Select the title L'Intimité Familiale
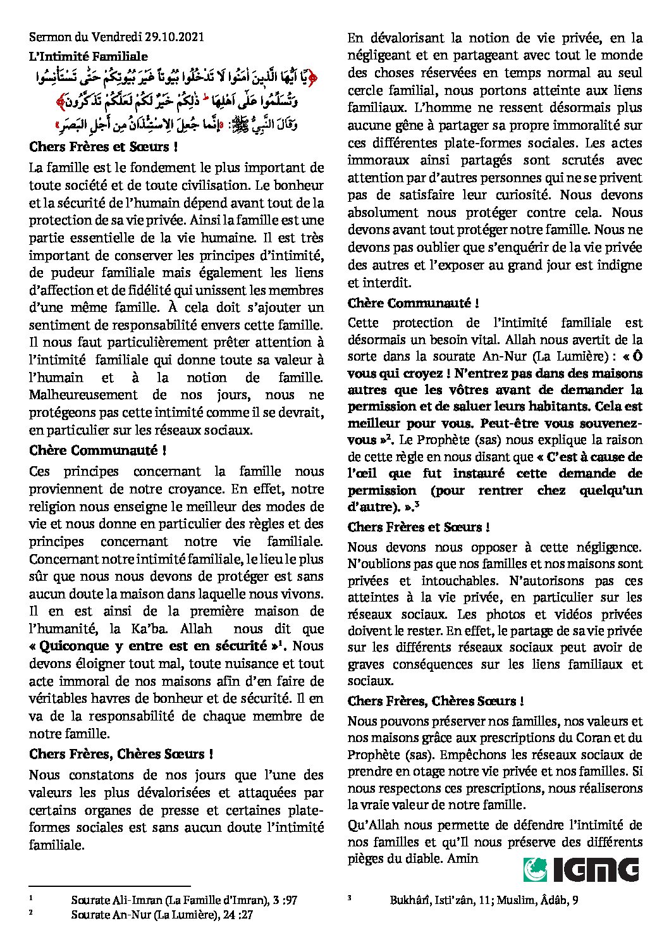pos(89,57)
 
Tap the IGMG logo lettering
pos(596,869)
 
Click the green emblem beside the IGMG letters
pos(536,869)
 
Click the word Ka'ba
pos(152,629)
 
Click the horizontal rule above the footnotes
pos(109,886)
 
